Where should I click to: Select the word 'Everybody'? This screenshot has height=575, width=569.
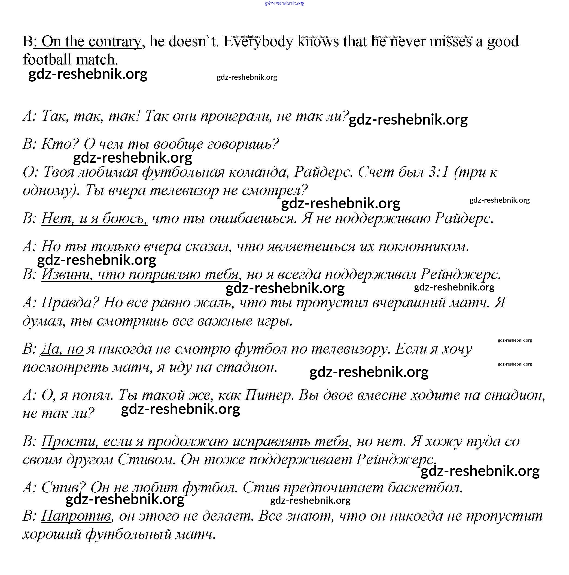coord(258,42)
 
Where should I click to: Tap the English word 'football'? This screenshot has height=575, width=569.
coord(48,60)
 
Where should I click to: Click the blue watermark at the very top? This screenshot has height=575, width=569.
coord(284,3)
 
